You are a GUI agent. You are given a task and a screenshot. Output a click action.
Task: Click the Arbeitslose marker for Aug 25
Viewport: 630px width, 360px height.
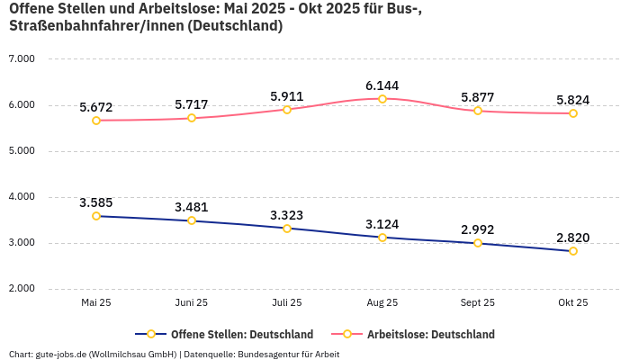[382, 99]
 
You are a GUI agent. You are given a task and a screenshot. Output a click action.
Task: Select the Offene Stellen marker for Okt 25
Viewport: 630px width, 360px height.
[572, 251]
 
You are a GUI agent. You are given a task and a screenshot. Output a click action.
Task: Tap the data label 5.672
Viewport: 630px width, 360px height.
[96, 107]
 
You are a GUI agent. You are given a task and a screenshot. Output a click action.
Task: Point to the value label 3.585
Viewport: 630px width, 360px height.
[96, 202]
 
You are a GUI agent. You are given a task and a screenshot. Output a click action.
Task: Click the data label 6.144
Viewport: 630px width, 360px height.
[382, 85]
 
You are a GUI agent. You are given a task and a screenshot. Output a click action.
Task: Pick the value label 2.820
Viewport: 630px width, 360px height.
[572, 238]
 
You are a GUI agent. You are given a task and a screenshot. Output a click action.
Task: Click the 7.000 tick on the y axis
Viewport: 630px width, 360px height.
[21, 58]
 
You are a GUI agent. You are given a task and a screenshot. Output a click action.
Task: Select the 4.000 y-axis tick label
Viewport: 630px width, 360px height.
[21, 196]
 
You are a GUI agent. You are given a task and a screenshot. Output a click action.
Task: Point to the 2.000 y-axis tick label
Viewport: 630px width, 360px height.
[21, 289]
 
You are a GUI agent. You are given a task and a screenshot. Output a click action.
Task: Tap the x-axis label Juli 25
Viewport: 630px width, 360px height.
[287, 303]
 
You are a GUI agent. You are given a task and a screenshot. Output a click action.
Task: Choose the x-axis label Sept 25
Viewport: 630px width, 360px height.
[478, 303]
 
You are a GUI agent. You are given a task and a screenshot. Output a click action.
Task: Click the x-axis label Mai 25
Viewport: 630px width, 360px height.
[96, 303]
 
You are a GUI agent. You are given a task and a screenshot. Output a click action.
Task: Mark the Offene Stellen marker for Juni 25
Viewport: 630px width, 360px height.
[192, 220]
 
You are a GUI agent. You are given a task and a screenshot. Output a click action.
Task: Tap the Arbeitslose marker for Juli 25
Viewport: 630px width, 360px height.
[287, 110]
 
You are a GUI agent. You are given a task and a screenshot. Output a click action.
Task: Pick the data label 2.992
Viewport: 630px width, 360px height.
[478, 229]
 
